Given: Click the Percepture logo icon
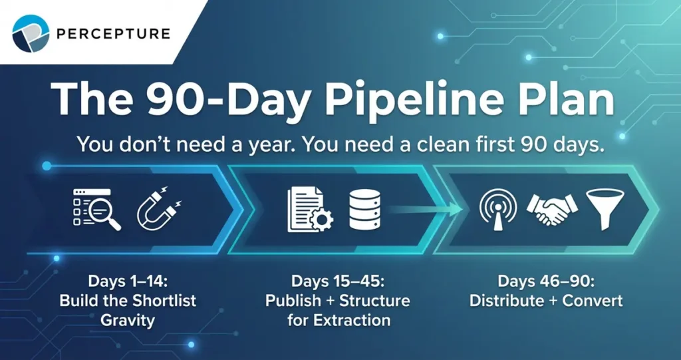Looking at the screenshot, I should click(x=31, y=33).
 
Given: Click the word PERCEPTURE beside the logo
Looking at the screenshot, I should click(x=114, y=33).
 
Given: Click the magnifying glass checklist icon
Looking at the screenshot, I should click(x=98, y=209).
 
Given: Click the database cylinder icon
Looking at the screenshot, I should click(x=364, y=210).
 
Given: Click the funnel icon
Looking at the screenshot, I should click(x=604, y=209).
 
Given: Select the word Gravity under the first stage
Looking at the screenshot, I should click(x=128, y=320).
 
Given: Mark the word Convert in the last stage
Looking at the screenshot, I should click(x=593, y=300).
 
